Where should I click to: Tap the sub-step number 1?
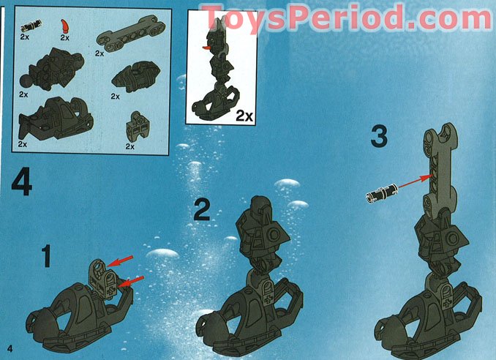pyautogui.click(x=46, y=258)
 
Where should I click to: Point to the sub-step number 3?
pyautogui.click(x=379, y=136)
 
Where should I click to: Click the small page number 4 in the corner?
pyautogui.click(x=10, y=345)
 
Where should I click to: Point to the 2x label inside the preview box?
pyautogui.click(x=244, y=115)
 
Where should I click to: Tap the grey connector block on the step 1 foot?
pyautogui.click(x=100, y=278)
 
